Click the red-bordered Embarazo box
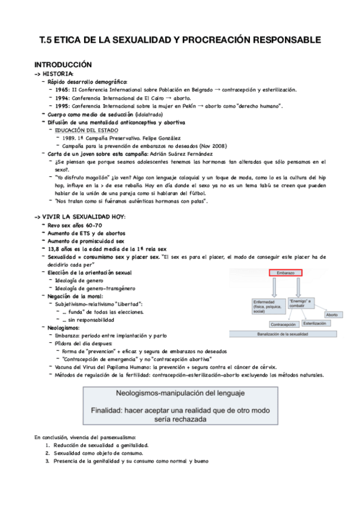click(282, 272)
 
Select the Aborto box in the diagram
click(331, 315)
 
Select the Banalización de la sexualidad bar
click(290, 333)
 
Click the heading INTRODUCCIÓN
click(63, 64)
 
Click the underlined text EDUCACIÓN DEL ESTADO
click(87, 130)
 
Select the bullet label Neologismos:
click(64, 328)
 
